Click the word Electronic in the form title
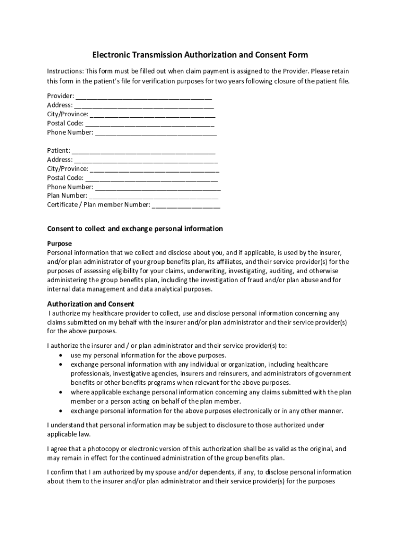pyautogui.click(x=112, y=55)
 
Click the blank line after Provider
pyautogui.click(x=144, y=96)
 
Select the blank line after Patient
pyautogui.click(x=144, y=151)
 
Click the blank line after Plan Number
pyautogui.click(x=154, y=196)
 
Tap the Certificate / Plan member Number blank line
pyautogui.click(x=186, y=205)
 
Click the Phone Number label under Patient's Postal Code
pyautogui.click(x=70, y=187)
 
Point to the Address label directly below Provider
pyautogui.click(x=60, y=105)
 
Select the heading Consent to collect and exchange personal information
pyautogui.click(x=135, y=229)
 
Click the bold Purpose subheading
pyautogui.click(x=59, y=244)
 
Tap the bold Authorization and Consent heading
pyautogui.click(x=91, y=304)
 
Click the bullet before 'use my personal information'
pyautogui.click(x=62, y=355)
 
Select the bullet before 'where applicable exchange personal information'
pyautogui.click(x=62, y=392)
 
